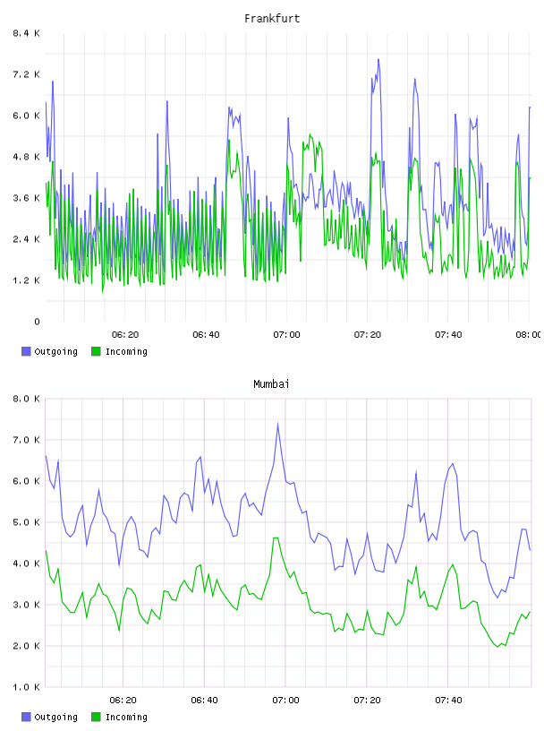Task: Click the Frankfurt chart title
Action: point(272,19)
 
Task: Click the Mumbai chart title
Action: point(271,384)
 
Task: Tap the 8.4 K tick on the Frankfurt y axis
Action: point(26,33)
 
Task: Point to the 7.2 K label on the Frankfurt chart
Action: point(26,74)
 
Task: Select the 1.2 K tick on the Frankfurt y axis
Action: point(26,280)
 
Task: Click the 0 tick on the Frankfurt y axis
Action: point(37,322)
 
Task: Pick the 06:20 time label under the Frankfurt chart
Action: point(125,335)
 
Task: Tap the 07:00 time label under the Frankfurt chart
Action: point(286,335)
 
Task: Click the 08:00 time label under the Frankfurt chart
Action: point(528,335)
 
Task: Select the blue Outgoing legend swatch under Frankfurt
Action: point(26,351)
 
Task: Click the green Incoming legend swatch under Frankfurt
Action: point(96,351)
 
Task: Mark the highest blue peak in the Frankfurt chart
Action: point(378,59)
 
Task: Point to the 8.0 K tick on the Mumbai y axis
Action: point(26,399)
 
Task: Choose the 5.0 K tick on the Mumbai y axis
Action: point(26,522)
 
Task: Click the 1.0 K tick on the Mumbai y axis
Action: point(26,687)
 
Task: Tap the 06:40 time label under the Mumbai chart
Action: point(204,701)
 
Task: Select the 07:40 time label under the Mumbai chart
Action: point(448,701)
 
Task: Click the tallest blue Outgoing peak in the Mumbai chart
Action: point(277,424)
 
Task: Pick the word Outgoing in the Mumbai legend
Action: point(55,718)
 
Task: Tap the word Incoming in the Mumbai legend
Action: point(126,718)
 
